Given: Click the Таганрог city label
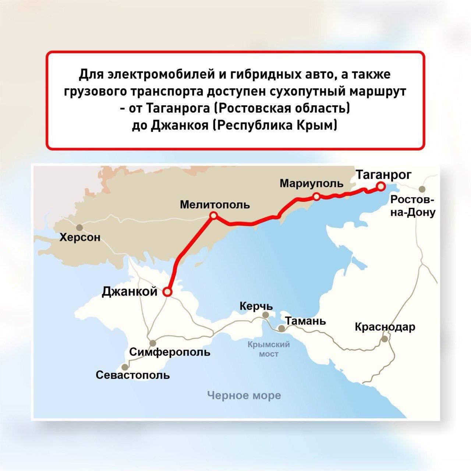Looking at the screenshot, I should pos(384,175).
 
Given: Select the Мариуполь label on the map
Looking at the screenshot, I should pos(311,183).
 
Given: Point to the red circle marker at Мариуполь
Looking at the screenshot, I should pos(316,197).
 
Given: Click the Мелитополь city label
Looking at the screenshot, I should pos(215,205).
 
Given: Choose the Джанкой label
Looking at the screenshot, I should pos(130,291).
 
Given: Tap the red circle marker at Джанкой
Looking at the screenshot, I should pos(167,292).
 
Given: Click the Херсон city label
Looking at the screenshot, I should pos(80,238).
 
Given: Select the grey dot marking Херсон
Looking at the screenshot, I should pos(79,227).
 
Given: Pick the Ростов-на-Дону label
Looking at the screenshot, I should pos(412,206).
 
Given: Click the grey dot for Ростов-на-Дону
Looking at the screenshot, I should pos(422,189).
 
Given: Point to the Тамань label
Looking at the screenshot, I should pos(305,321).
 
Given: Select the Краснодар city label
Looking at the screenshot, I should pos(385,327).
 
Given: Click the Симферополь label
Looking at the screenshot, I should pos(170,352).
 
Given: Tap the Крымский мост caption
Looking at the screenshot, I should pos(269,349).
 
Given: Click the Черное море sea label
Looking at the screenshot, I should pos(244,396).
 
